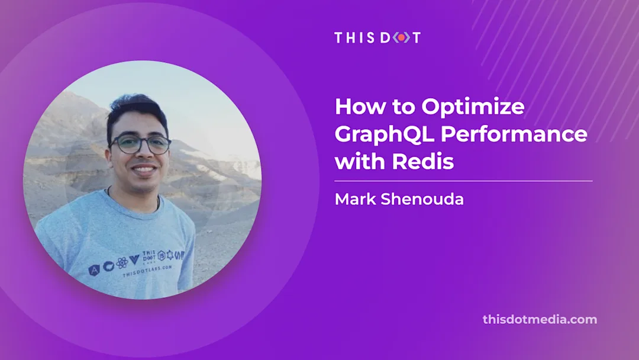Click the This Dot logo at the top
[x=377, y=37]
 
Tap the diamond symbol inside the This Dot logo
[x=401, y=37]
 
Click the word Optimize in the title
[x=473, y=107]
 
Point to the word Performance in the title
[x=514, y=134]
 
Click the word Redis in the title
[x=424, y=160]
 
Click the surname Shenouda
[x=424, y=200]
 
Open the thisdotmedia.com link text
[x=540, y=320]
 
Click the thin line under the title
[x=463, y=181]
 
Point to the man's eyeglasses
[x=140, y=144]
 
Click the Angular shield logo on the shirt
[x=93, y=270]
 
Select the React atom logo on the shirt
[x=122, y=262]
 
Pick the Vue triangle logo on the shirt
[x=134, y=259]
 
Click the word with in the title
[x=358, y=160]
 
